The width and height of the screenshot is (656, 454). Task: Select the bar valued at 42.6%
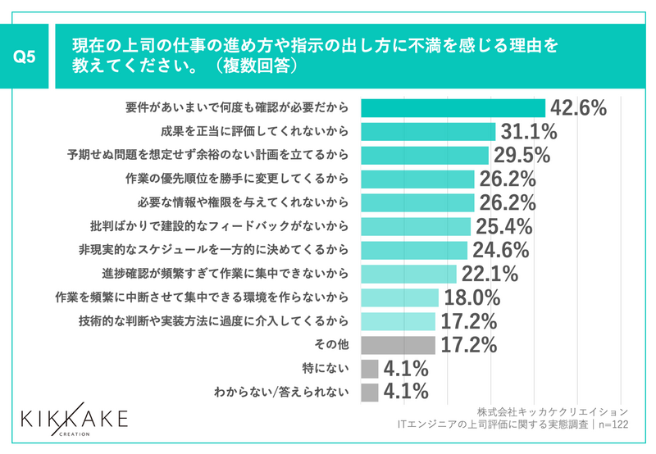coord(453,108)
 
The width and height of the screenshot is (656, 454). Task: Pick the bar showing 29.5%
coord(425,155)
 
